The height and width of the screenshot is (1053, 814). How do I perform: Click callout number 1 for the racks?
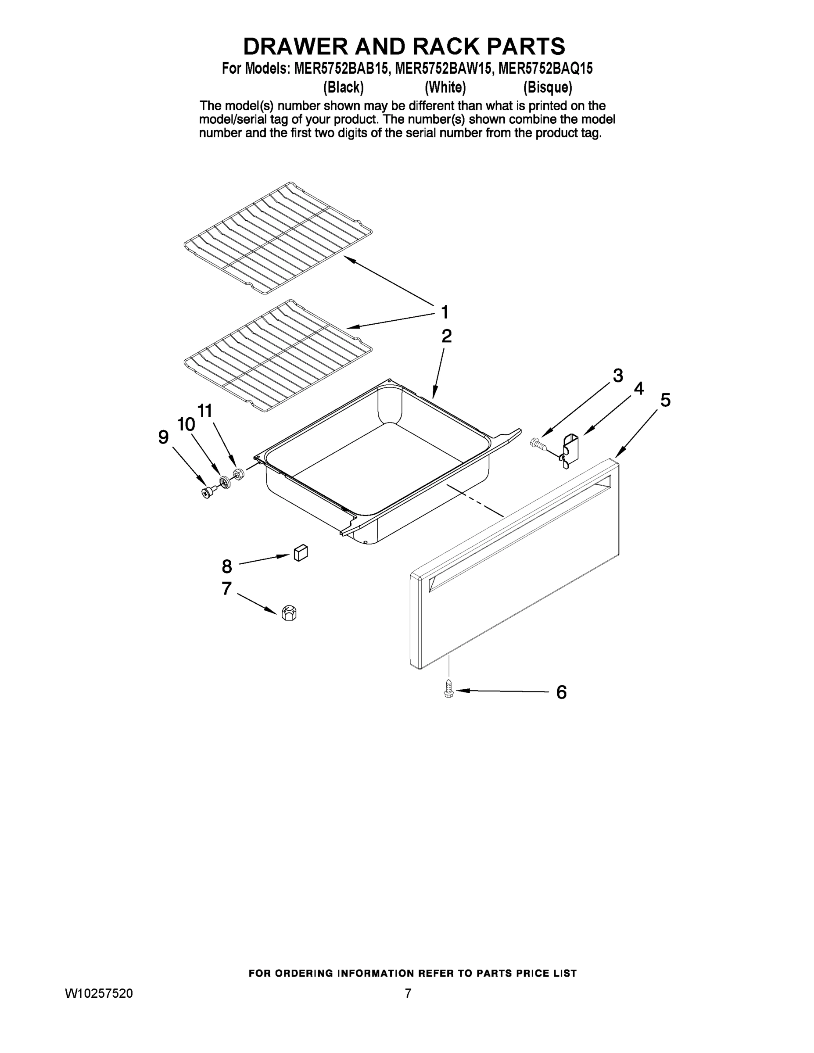[x=445, y=312]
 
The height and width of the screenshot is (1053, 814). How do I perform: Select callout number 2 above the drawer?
[x=447, y=336]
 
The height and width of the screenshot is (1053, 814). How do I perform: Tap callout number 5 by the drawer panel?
[x=665, y=400]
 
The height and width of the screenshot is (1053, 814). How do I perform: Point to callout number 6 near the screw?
[x=561, y=692]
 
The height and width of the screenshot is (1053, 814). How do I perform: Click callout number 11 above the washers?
[x=204, y=411]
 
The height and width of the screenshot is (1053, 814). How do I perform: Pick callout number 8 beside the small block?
[x=226, y=566]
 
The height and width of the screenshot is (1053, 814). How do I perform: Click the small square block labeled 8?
[x=301, y=552]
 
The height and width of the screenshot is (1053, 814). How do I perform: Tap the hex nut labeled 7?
[x=289, y=613]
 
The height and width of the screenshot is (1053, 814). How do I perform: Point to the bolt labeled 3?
[x=538, y=443]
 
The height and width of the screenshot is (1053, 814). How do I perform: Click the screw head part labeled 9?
[x=208, y=492]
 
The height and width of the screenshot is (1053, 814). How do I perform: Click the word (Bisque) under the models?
[x=548, y=87]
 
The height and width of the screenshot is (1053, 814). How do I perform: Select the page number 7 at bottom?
[x=408, y=994]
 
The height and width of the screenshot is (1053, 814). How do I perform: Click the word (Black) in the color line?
[x=343, y=87]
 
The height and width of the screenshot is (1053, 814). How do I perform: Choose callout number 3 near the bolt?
[x=618, y=375]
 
